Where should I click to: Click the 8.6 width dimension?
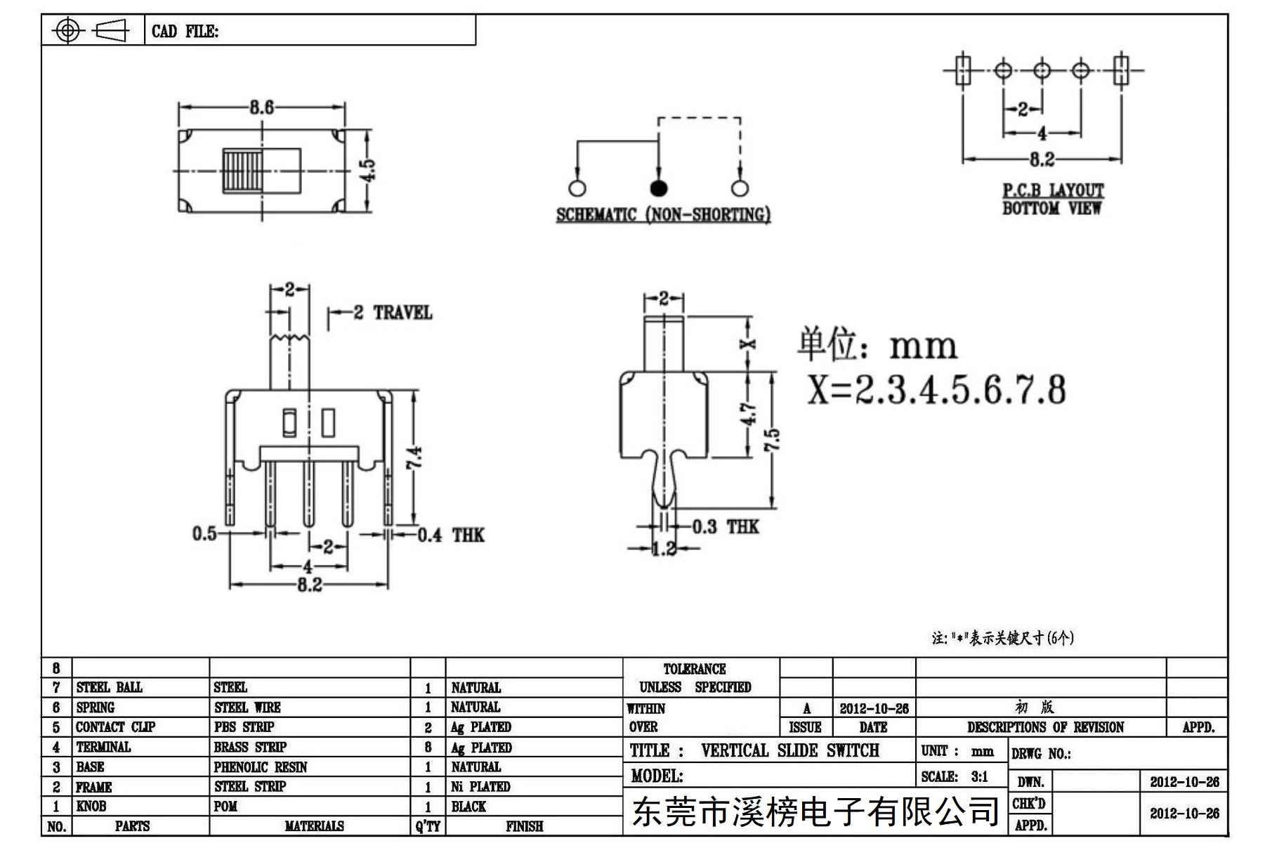[x=261, y=107]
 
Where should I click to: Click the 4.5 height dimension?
[x=369, y=169]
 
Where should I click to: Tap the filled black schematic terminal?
[x=658, y=188]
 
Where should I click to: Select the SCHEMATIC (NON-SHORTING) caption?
[x=663, y=214]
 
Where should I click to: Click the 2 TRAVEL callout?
[x=392, y=313]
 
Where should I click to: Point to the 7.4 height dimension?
[x=414, y=458]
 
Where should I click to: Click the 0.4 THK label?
[x=451, y=535]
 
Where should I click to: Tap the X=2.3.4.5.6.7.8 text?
[x=936, y=389]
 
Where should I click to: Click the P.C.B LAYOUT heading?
[x=1053, y=190]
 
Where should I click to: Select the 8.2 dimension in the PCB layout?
[x=1042, y=160]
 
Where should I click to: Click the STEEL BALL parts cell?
[x=109, y=687]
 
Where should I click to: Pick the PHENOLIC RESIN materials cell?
[x=261, y=767]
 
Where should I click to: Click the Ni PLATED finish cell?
[x=480, y=787]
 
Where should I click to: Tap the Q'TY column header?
[x=428, y=826]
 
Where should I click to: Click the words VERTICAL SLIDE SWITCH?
[x=790, y=750]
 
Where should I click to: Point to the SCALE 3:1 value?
[x=979, y=776]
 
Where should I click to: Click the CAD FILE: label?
[x=185, y=32]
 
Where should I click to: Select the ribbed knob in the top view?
[x=242, y=170]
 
